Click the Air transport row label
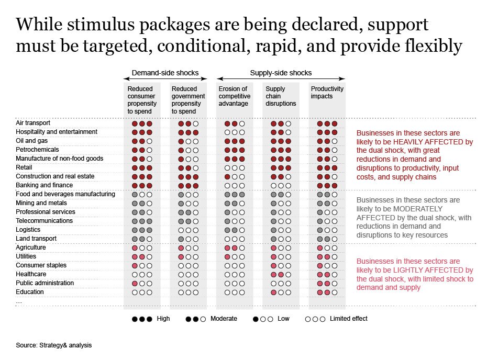[x=32, y=123]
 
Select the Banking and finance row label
[x=44, y=185]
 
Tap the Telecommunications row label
[x=44, y=221]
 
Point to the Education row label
[x=29, y=292]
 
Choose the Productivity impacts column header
[x=327, y=93]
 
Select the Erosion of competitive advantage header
[x=234, y=96]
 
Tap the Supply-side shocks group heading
[x=281, y=73]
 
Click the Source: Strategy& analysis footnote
[x=53, y=345]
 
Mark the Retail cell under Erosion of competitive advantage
[x=234, y=167]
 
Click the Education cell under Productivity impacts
[x=327, y=292]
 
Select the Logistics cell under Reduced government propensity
[x=188, y=230]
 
